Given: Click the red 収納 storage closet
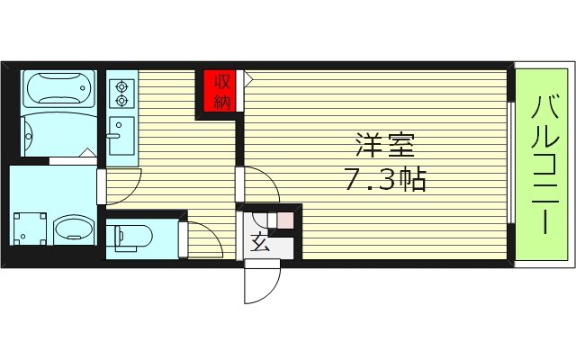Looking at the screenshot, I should tap(219, 92).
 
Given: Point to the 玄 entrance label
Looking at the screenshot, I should tap(258, 242).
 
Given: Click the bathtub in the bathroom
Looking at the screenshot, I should tap(57, 90).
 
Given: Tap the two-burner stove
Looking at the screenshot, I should tap(121, 91).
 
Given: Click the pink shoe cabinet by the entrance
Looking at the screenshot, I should tap(284, 219).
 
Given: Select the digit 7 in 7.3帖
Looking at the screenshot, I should tap(354, 179).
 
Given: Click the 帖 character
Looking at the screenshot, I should tap(409, 179).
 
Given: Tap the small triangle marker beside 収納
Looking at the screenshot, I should tap(248, 80).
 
